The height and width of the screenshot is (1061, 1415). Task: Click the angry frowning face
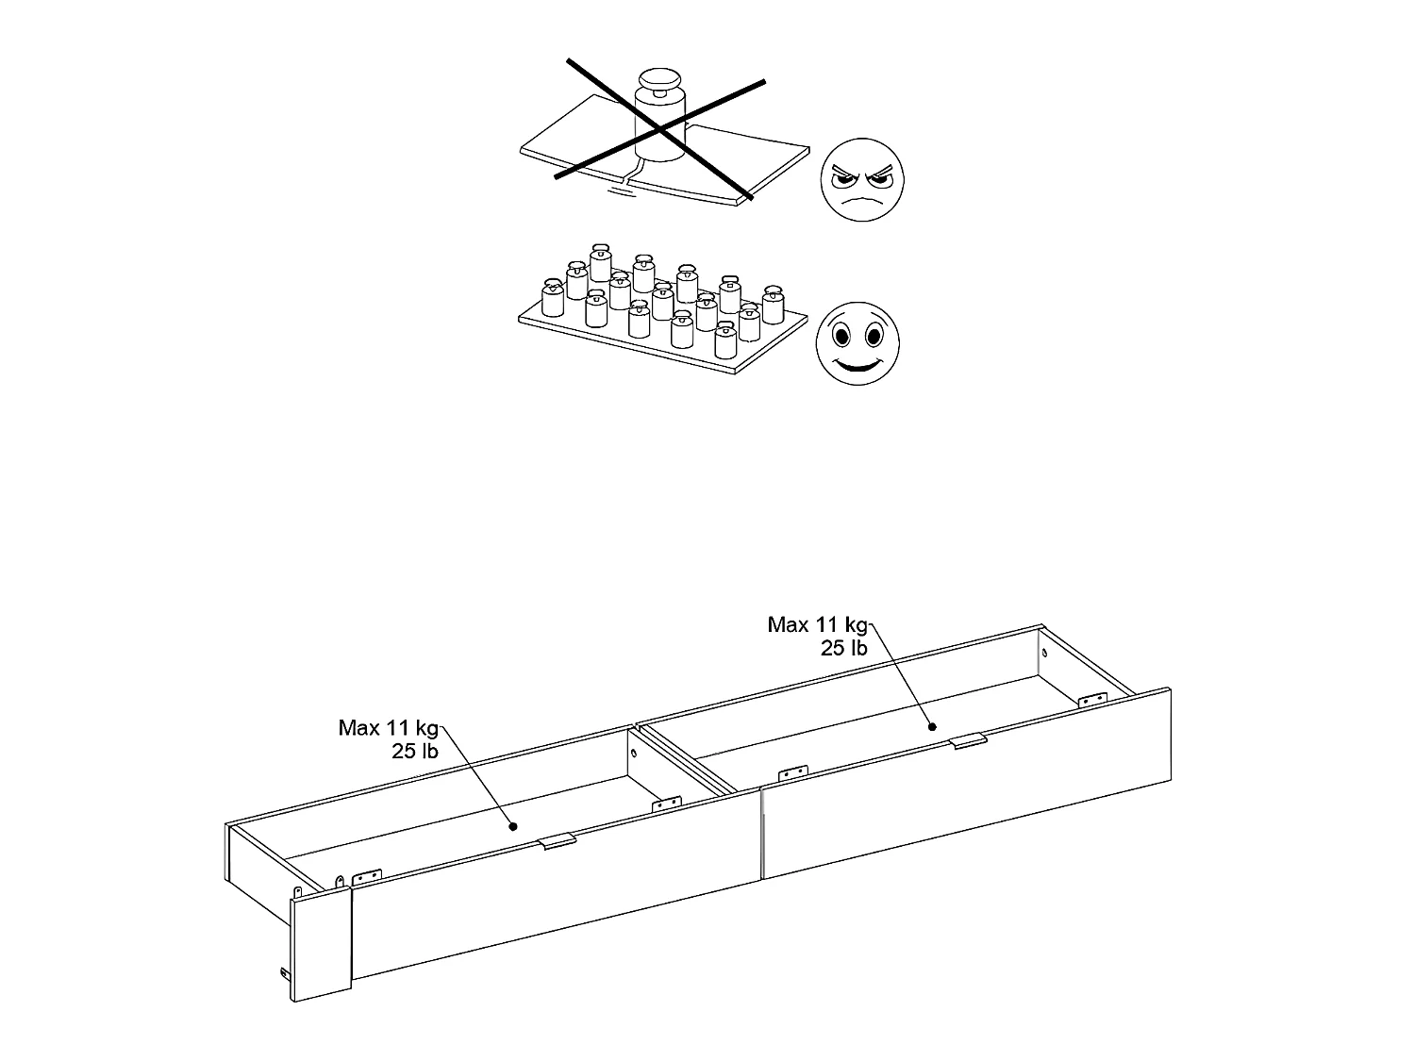coord(862,181)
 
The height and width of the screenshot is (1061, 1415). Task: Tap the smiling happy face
coord(857,343)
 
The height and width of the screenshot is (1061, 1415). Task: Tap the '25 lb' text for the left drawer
coord(415,752)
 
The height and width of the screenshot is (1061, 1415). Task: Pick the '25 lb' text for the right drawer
coord(843,648)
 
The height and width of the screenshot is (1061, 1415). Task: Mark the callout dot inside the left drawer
coord(513,826)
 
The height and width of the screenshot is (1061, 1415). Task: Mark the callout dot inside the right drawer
coord(932,726)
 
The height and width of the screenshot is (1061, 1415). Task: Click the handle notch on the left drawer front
coord(557,841)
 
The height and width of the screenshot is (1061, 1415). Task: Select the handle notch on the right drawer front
coord(969,740)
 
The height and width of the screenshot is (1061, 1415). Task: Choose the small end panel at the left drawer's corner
coord(321,946)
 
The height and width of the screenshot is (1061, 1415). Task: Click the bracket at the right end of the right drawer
coord(1092,699)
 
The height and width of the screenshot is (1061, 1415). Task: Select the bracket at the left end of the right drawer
coord(792,773)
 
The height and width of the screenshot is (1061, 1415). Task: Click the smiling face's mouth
coord(857,364)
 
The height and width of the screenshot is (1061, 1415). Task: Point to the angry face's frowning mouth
coord(862,201)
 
